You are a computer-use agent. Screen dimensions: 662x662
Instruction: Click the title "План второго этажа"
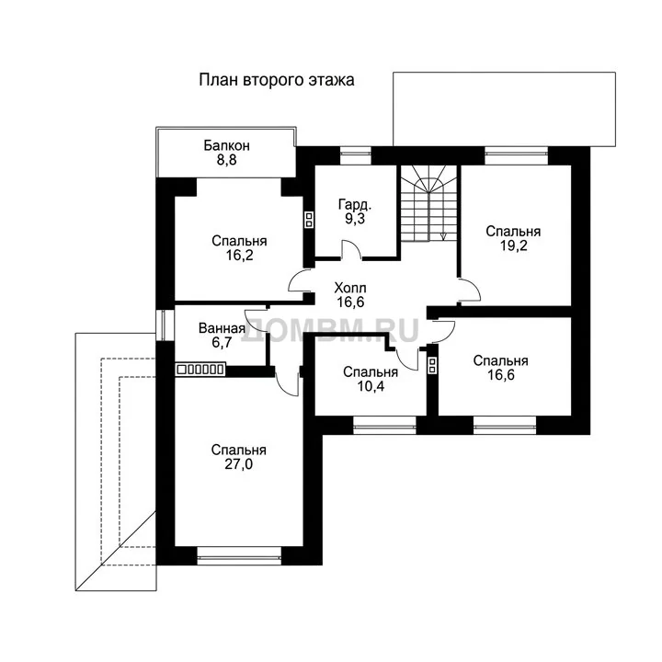277,80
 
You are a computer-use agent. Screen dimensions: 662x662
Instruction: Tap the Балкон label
227,145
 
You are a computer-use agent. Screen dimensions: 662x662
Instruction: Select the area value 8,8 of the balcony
227,160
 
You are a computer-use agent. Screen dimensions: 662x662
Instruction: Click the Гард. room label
355,204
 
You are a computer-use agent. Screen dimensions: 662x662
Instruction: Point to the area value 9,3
355,219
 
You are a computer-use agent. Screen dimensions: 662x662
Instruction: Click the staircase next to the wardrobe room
429,203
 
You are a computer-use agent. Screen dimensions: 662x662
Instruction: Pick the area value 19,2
513,245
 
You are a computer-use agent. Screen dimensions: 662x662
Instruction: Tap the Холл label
350,288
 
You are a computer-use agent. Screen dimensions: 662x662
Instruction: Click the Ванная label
223,328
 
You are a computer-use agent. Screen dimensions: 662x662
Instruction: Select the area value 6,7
223,342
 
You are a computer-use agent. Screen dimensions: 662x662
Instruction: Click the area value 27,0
239,464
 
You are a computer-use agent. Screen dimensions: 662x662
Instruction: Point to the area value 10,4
371,386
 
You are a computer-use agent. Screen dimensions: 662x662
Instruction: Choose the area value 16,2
239,255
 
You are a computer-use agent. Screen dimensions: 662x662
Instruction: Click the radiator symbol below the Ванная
200,370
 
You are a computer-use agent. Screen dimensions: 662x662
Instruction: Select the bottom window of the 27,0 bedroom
239,556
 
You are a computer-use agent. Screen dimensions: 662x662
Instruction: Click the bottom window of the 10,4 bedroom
384,425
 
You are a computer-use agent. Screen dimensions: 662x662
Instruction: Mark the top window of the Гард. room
356,155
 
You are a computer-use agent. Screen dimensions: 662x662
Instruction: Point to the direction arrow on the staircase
443,236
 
